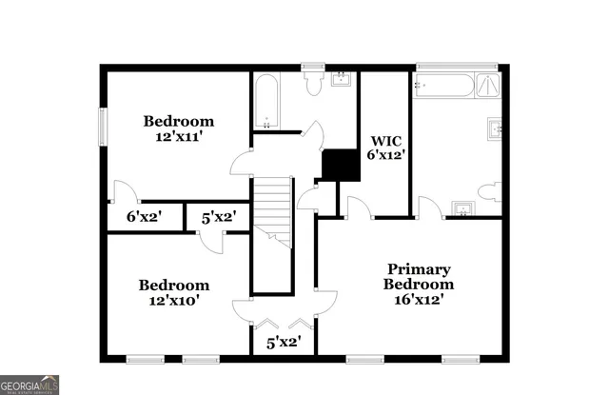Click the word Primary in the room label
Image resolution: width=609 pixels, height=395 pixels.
[419, 269]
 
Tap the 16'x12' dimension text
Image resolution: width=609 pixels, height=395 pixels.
[419, 299]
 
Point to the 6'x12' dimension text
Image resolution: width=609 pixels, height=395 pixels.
[386, 155]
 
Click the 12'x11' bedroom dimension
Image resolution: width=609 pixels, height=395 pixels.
[179, 136]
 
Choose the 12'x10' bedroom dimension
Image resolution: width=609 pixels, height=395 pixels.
[174, 300]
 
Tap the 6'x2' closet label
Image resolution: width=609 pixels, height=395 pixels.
[145, 217]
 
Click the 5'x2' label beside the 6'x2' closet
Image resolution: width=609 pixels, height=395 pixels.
[218, 217]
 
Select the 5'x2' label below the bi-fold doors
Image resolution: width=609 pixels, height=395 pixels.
[284, 342]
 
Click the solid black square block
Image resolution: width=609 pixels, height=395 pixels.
[339, 165]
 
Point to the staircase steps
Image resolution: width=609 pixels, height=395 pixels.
[271, 209]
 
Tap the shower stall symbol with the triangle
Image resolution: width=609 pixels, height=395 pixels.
[488, 85]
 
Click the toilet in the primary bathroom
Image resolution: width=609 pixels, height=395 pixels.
[488, 191]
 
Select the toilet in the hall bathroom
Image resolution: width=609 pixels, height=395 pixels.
[313, 83]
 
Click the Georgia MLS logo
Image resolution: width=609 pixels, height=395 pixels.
[29, 385]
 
